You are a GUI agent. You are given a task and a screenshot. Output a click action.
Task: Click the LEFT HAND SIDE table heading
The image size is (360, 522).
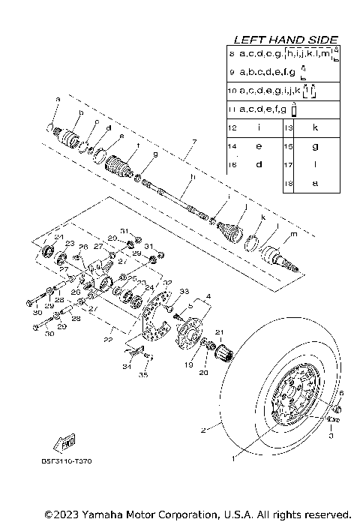pyautogui.click(x=286, y=39)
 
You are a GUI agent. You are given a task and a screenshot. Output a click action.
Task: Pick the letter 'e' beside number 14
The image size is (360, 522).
pyautogui.click(x=258, y=146)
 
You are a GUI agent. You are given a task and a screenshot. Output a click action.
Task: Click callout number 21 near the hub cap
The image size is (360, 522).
pyautogui.click(x=220, y=332)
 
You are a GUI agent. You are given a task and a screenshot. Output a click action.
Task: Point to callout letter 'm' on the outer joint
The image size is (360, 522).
pyautogui.click(x=292, y=234)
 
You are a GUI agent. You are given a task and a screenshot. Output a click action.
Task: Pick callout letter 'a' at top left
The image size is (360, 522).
pyautogui.click(x=57, y=98)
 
